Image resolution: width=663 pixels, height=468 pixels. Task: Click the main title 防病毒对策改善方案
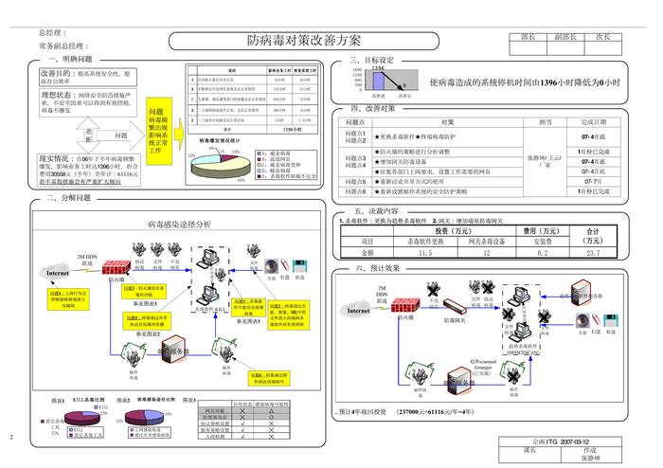click(x=303, y=42)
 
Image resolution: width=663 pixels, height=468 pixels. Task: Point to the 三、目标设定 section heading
click(x=378, y=60)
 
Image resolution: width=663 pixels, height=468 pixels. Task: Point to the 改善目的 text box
click(x=82, y=77)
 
